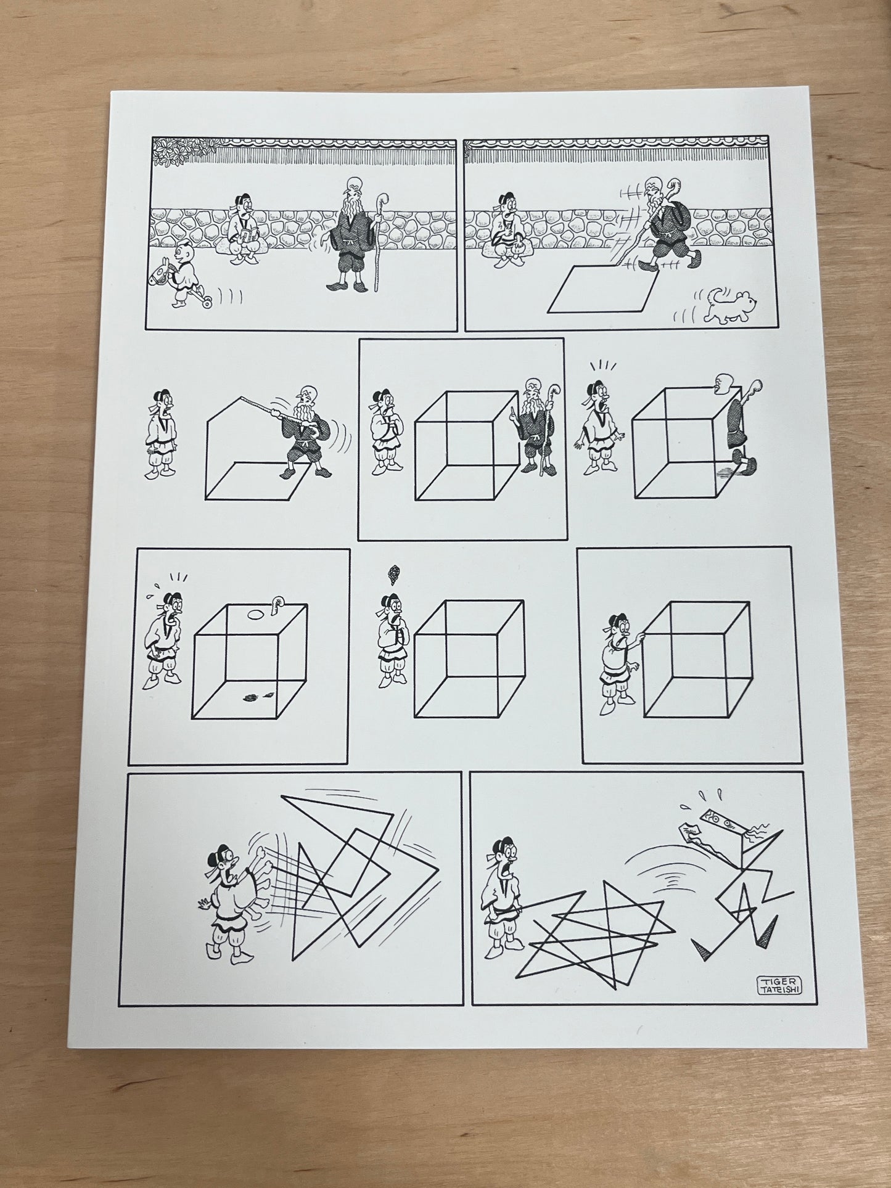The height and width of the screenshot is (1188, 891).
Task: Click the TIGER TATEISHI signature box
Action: pyautogui.click(x=784, y=986)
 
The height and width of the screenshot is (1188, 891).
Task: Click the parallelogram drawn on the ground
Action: pyautogui.click(x=602, y=288)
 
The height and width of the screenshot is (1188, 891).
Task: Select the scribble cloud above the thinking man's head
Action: pyautogui.click(x=391, y=573)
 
